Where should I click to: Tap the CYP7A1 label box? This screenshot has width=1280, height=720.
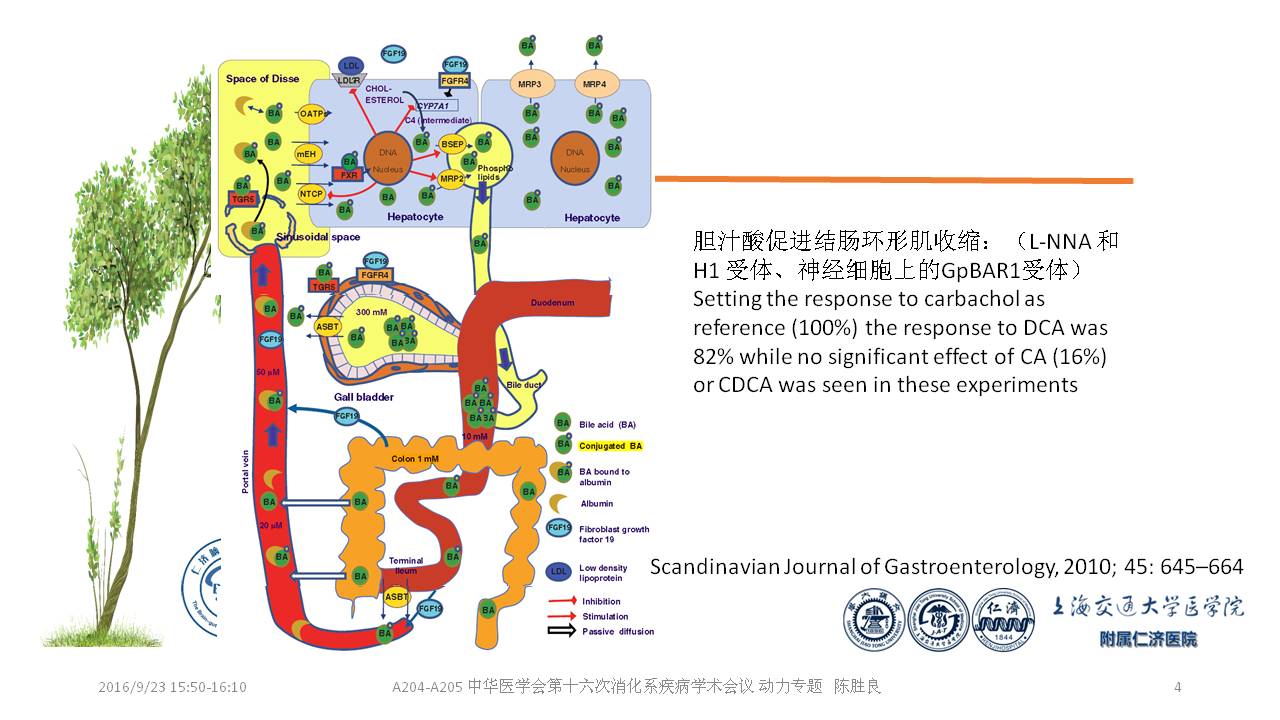tap(436, 105)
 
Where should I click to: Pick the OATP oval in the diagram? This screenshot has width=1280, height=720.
tap(313, 114)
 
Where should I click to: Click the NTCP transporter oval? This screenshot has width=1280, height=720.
tap(311, 192)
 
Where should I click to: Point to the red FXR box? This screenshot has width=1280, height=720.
tap(349, 175)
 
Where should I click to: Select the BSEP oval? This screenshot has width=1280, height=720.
tap(453, 145)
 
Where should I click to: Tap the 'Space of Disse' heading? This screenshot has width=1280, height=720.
tap(262, 79)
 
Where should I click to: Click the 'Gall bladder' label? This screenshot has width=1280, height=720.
tap(363, 397)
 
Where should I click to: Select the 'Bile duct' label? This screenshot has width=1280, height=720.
tap(523, 385)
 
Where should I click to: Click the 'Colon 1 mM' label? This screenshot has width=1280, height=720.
tap(415, 459)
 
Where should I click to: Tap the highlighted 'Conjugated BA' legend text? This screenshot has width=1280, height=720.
tap(610, 446)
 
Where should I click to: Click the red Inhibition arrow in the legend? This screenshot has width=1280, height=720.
tap(560, 601)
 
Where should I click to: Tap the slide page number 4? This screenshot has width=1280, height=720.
tap(1177, 687)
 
